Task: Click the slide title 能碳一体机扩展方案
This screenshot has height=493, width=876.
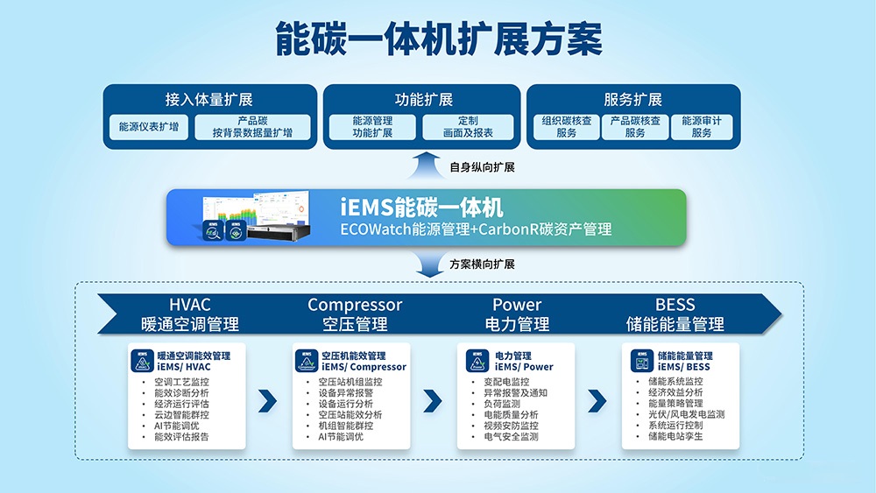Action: (x=438, y=39)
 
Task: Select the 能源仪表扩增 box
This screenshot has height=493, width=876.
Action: (x=148, y=127)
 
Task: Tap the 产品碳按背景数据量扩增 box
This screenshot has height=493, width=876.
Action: (x=252, y=127)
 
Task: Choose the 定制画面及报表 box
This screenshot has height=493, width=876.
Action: (x=468, y=127)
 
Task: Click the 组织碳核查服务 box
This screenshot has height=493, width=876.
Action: (x=566, y=127)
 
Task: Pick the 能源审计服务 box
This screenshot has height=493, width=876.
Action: (x=701, y=127)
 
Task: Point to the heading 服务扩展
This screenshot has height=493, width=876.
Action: (x=632, y=99)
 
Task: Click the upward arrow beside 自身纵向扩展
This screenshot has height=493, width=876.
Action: (x=427, y=166)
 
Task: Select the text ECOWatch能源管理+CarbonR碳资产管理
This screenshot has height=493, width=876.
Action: (x=476, y=229)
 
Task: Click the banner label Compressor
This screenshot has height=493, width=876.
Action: (x=355, y=305)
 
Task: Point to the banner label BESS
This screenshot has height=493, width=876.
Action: (x=675, y=305)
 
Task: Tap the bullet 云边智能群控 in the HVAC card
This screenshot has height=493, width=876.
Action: (x=181, y=415)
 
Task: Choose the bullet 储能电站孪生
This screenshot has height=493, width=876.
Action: (x=675, y=436)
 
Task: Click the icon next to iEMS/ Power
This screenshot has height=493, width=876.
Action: (x=477, y=361)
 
